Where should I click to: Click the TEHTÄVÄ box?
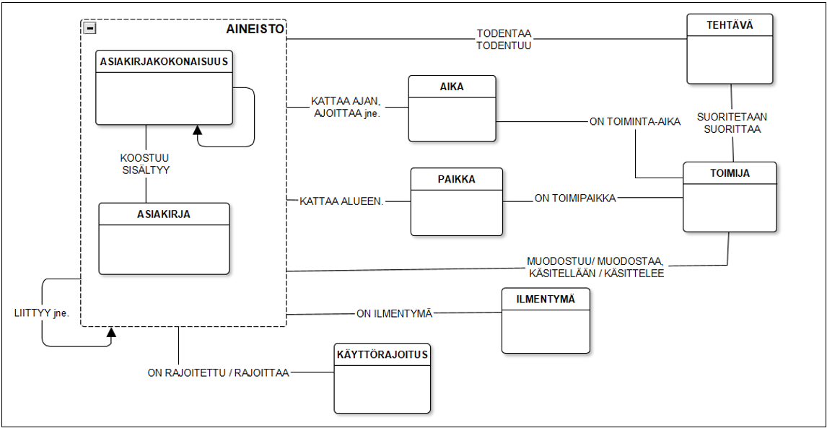click(x=729, y=49)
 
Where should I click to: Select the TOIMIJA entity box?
click(x=730, y=197)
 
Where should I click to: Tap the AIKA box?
click(x=452, y=108)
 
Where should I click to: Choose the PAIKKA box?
click(x=456, y=201)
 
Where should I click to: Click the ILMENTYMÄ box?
click(x=546, y=320)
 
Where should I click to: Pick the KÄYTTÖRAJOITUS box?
click(x=382, y=377)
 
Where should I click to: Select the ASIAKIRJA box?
click(x=164, y=238)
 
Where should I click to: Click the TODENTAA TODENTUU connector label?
click(x=504, y=40)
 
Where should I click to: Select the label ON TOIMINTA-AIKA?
click(x=635, y=121)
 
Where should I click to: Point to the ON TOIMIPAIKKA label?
click(x=574, y=198)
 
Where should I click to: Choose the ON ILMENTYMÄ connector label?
click(x=394, y=314)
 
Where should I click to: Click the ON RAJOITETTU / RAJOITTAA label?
click(x=218, y=372)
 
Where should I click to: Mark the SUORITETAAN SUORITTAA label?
click(x=732, y=123)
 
